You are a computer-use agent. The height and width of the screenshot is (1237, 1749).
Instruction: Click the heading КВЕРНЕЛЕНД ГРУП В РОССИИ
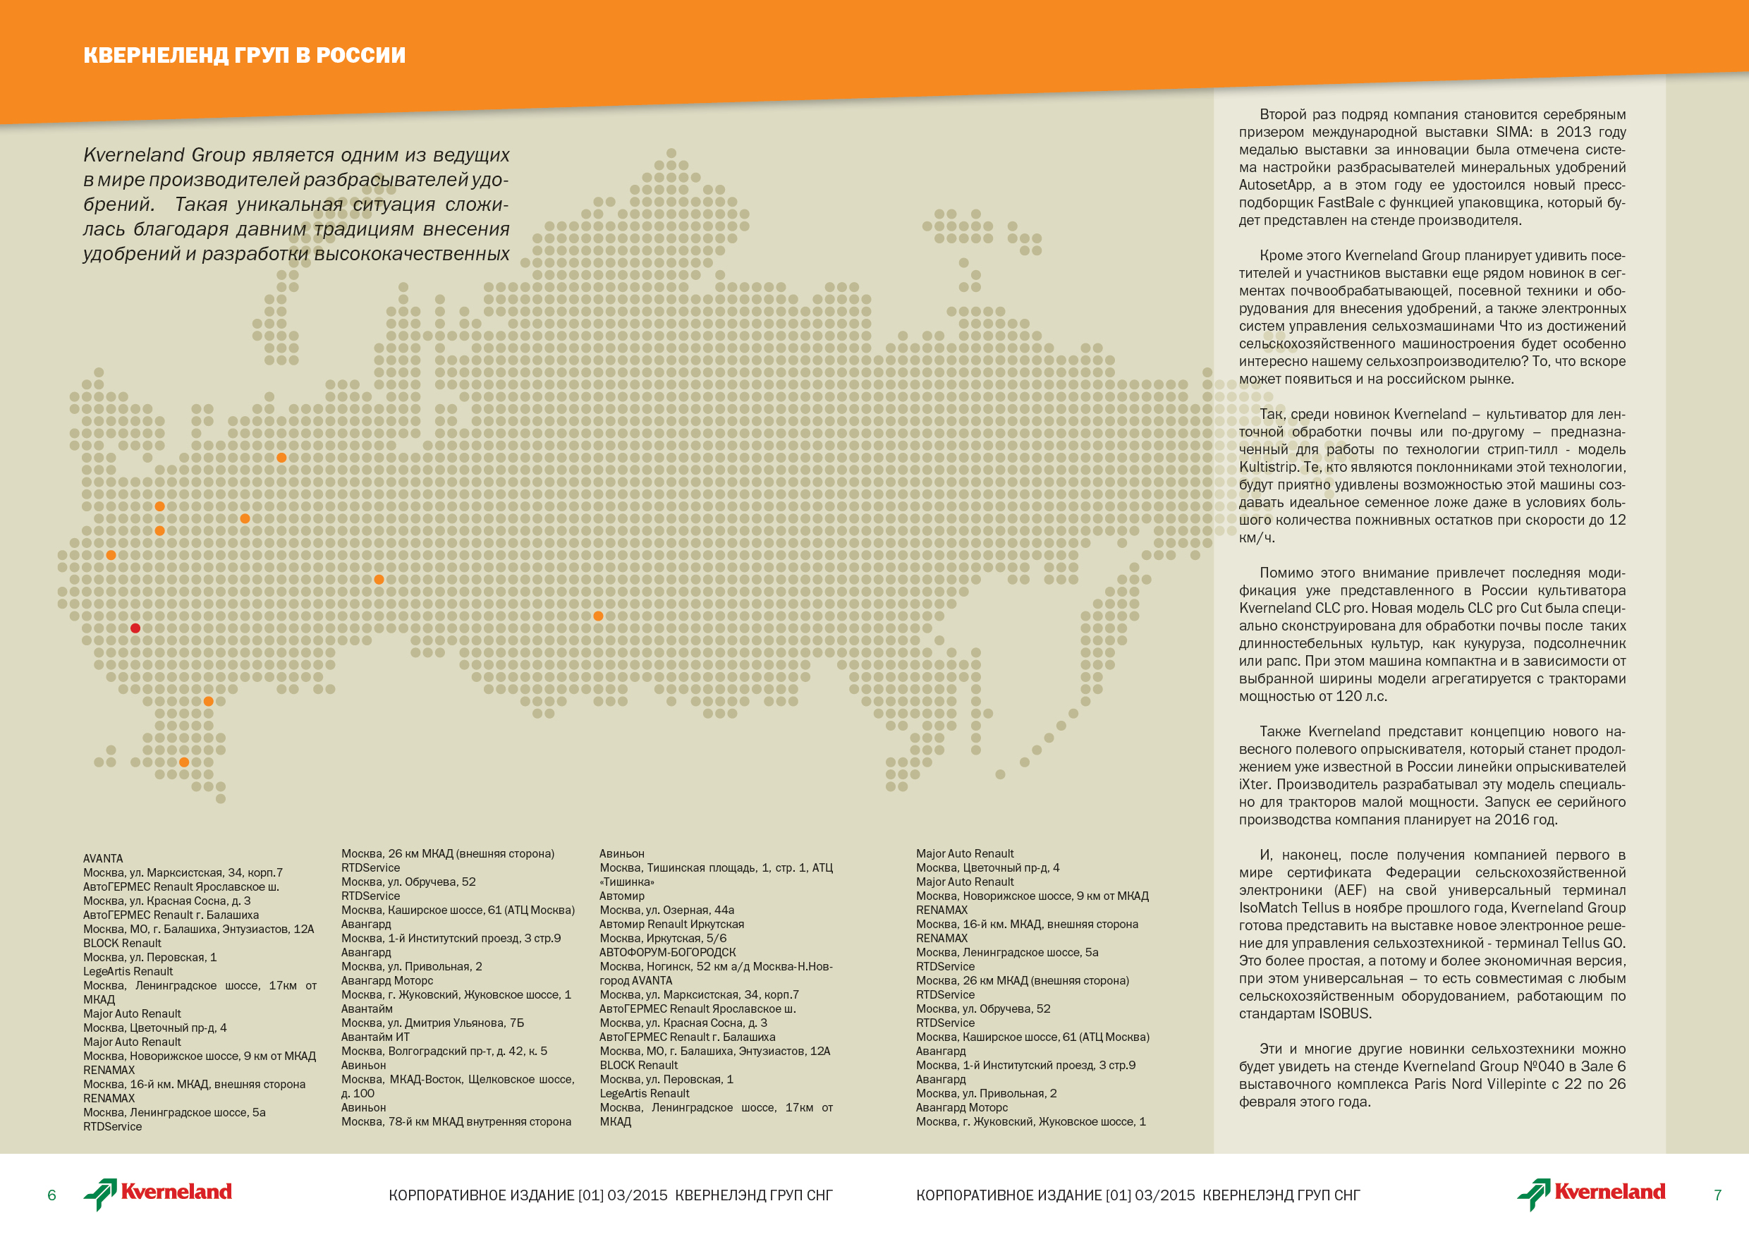click(x=244, y=55)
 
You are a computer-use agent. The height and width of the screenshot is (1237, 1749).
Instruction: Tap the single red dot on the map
click(x=135, y=628)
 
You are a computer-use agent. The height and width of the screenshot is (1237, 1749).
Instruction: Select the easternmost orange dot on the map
click(x=598, y=616)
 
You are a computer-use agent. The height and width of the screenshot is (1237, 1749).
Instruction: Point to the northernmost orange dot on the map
click(x=281, y=458)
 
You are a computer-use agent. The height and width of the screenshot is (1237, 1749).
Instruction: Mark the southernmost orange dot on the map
click(x=183, y=762)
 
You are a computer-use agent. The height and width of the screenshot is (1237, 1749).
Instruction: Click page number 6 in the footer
click(x=51, y=1195)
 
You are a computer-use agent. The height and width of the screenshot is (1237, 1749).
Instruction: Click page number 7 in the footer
click(x=1718, y=1195)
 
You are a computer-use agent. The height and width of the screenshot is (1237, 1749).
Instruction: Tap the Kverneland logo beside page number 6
click(x=158, y=1193)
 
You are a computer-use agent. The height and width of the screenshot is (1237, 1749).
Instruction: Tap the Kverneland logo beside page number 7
click(x=1590, y=1193)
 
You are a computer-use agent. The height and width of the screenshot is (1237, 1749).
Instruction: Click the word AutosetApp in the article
click(x=1276, y=185)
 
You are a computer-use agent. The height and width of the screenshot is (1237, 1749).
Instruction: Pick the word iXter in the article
click(x=1253, y=784)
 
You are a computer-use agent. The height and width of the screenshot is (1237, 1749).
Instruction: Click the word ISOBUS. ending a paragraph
click(x=1346, y=1014)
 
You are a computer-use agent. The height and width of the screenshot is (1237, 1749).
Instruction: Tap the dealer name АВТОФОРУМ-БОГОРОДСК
click(x=667, y=952)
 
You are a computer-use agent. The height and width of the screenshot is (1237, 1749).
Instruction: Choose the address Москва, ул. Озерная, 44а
click(x=666, y=910)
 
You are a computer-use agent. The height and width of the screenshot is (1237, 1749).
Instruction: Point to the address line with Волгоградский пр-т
click(x=444, y=1051)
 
